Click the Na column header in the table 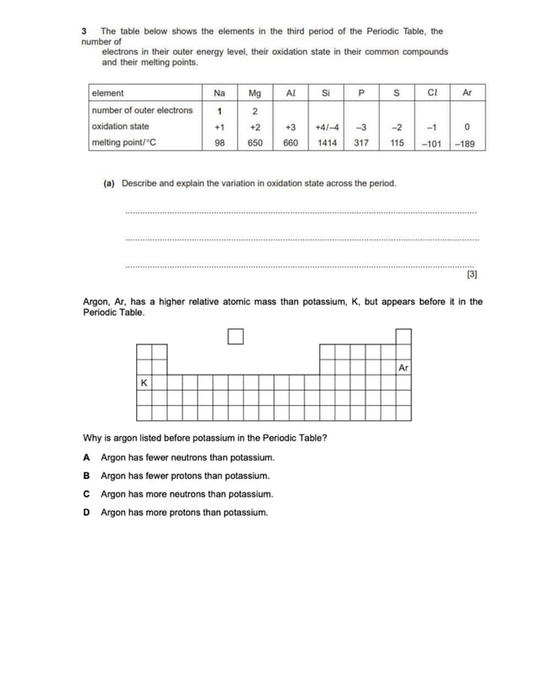click(219, 93)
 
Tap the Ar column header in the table click(467, 93)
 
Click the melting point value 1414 click(326, 143)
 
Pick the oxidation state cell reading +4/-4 click(326, 127)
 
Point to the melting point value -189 click(465, 143)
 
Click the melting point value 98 click(219, 143)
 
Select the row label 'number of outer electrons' click(142, 110)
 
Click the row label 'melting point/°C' click(123, 143)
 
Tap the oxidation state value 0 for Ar click(466, 127)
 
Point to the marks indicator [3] click(471, 273)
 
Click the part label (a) click(108, 182)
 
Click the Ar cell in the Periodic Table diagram click(403, 367)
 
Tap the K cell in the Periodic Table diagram click(145, 382)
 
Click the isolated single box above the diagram click(235, 337)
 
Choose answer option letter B click(87, 476)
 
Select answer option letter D click(87, 512)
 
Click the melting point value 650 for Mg click(255, 143)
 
